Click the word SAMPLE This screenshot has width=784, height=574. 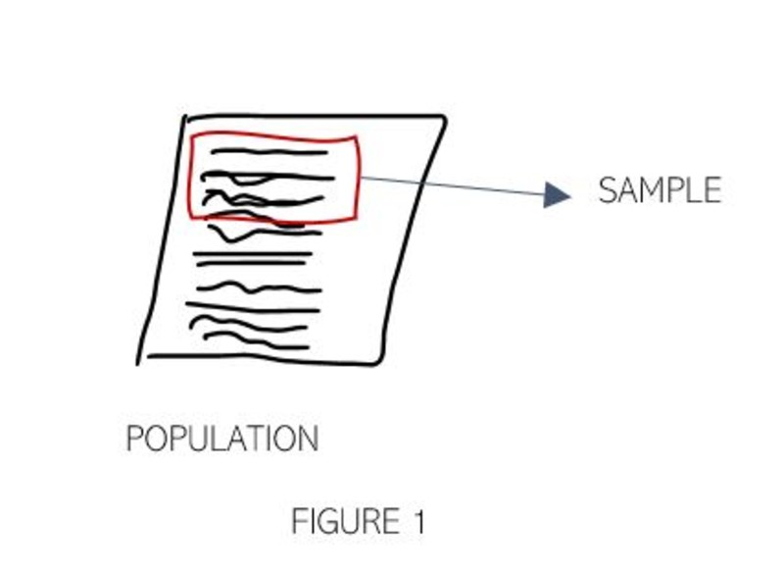659,190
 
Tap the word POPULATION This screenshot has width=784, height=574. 222,439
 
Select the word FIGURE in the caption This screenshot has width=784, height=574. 339,521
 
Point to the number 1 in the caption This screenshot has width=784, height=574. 418,521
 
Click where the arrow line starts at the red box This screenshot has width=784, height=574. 361,177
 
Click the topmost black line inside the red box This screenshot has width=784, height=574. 269,152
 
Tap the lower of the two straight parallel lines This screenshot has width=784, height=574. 253,265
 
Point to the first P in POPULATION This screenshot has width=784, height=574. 136,439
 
